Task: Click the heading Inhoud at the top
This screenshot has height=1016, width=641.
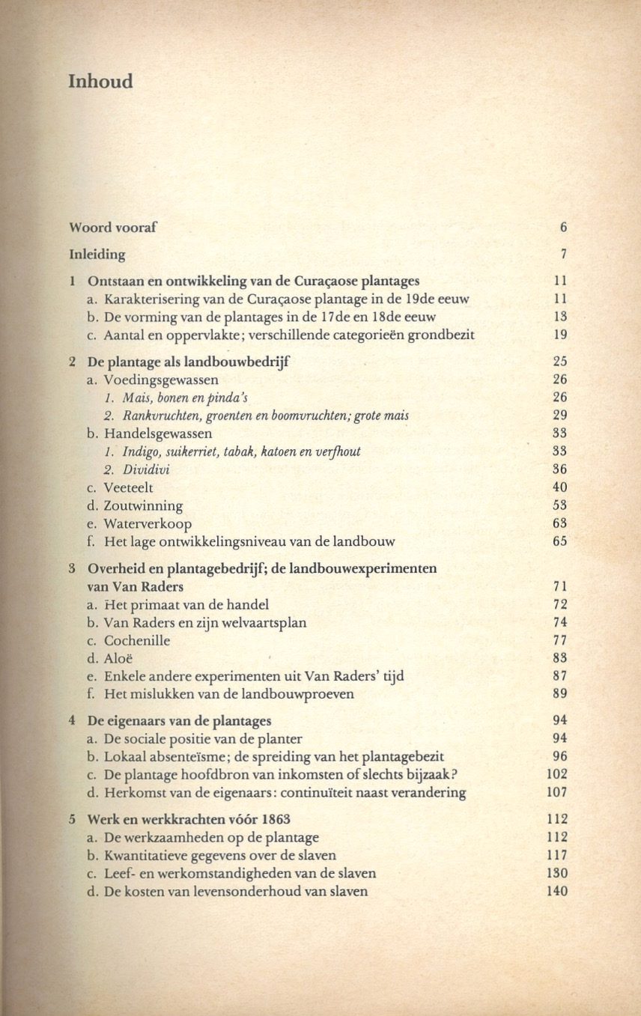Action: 100,81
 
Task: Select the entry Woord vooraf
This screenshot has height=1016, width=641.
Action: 113,227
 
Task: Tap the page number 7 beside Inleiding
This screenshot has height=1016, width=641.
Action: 562,255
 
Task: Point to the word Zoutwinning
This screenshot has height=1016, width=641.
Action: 143,506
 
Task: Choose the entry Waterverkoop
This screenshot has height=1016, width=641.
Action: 148,524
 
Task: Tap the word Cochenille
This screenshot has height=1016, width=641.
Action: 137,641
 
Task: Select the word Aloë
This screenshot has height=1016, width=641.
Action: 119,659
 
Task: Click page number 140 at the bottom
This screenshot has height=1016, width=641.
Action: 557,892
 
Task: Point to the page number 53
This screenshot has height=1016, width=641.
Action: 559,506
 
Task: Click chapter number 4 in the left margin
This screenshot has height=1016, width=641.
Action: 72,722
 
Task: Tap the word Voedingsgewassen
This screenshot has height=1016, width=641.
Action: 161,380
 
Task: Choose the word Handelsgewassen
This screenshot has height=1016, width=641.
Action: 158,434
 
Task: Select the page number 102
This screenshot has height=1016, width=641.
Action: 557,775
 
